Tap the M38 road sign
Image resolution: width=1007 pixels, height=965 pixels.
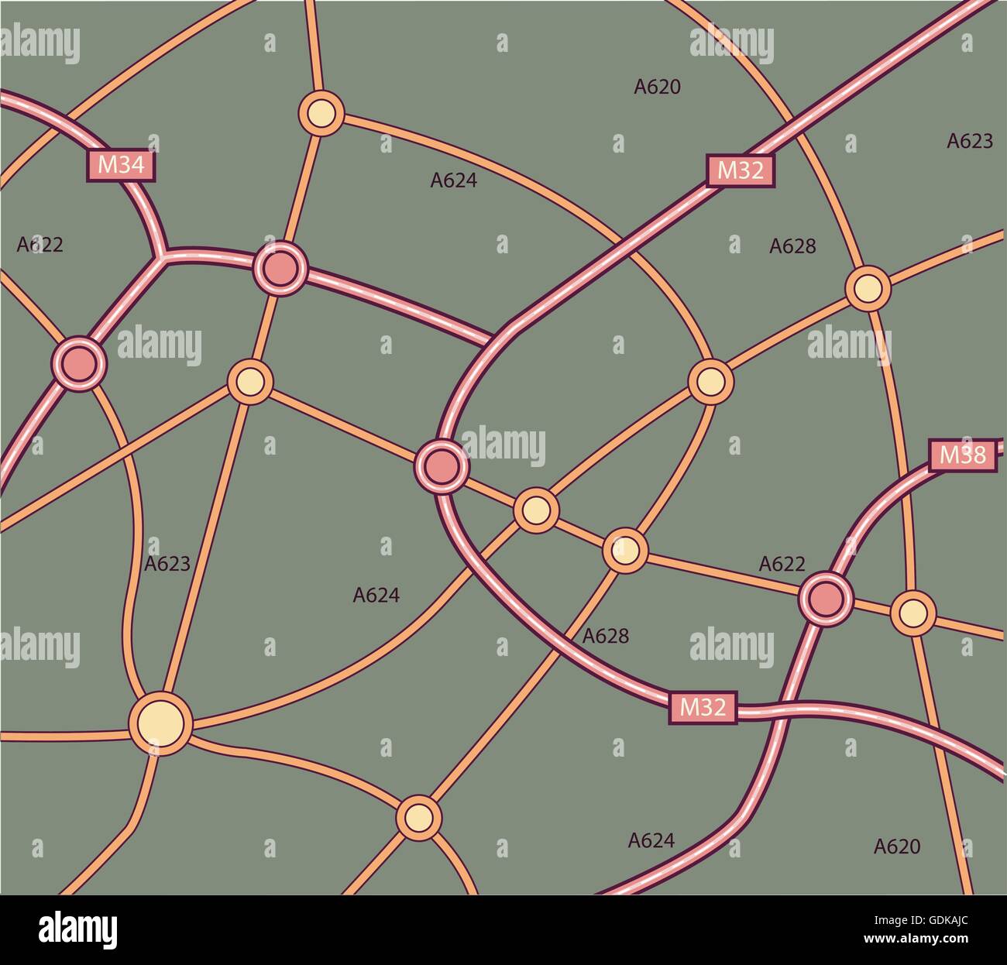click(962, 455)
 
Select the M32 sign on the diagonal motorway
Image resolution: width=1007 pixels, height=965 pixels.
click(741, 170)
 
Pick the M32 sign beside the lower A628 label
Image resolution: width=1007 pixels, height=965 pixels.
click(703, 707)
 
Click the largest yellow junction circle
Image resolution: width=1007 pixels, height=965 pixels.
click(160, 723)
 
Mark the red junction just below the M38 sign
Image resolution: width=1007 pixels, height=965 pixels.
click(826, 597)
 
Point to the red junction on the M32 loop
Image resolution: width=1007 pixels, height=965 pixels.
click(442, 465)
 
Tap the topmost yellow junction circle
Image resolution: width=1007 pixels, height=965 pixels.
click(321, 113)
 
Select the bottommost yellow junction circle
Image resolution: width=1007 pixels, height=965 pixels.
click(418, 817)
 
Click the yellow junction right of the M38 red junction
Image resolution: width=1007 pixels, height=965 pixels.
click(913, 613)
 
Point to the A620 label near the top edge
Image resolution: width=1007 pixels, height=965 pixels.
click(657, 88)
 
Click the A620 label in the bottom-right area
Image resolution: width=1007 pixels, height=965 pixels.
click(897, 847)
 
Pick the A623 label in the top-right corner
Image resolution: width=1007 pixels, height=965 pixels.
click(970, 141)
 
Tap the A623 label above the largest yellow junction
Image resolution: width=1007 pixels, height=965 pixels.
click(167, 564)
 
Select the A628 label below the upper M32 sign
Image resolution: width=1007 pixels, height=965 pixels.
click(792, 246)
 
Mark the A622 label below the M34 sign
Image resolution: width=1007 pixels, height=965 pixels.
click(40, 245)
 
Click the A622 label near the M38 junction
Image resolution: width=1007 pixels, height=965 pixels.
click(782, 564)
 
